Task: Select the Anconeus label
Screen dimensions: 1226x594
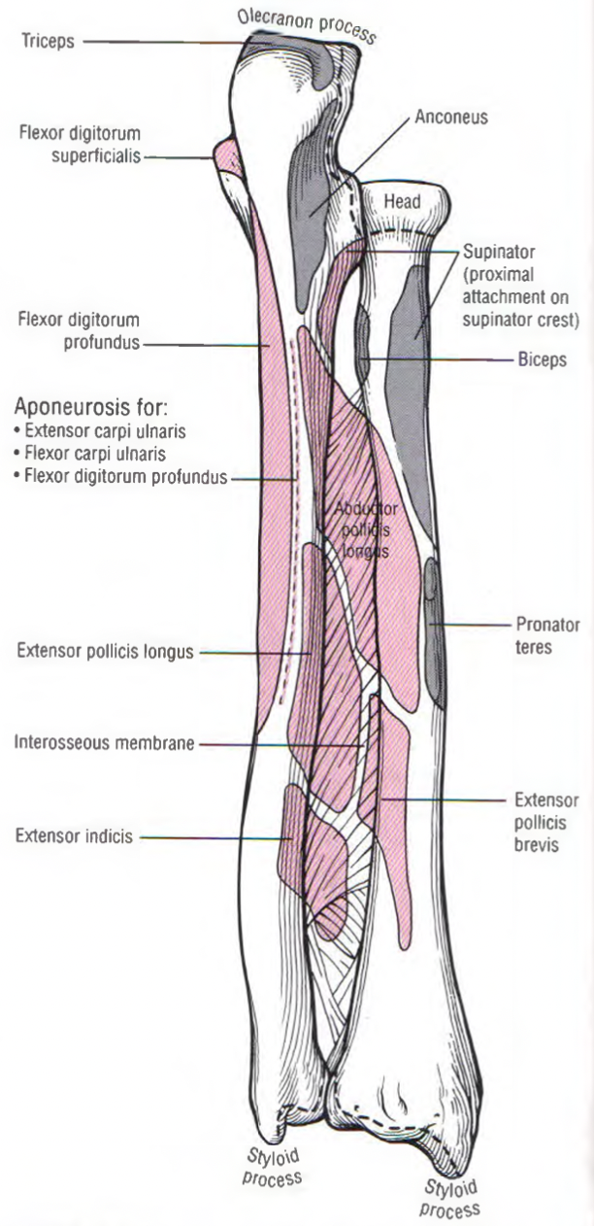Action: pyautogui.click(x=450, y=118)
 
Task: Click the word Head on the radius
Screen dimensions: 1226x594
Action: pyautogui.click(x=402, y=202)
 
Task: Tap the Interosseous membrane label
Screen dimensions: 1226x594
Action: pyautogui.click(x=104, y=745)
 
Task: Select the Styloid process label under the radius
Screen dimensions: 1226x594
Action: pyautogui.click(x=451, y=1197)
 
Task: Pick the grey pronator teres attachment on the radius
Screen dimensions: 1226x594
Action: pyautogui.click(x=435, y=631)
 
